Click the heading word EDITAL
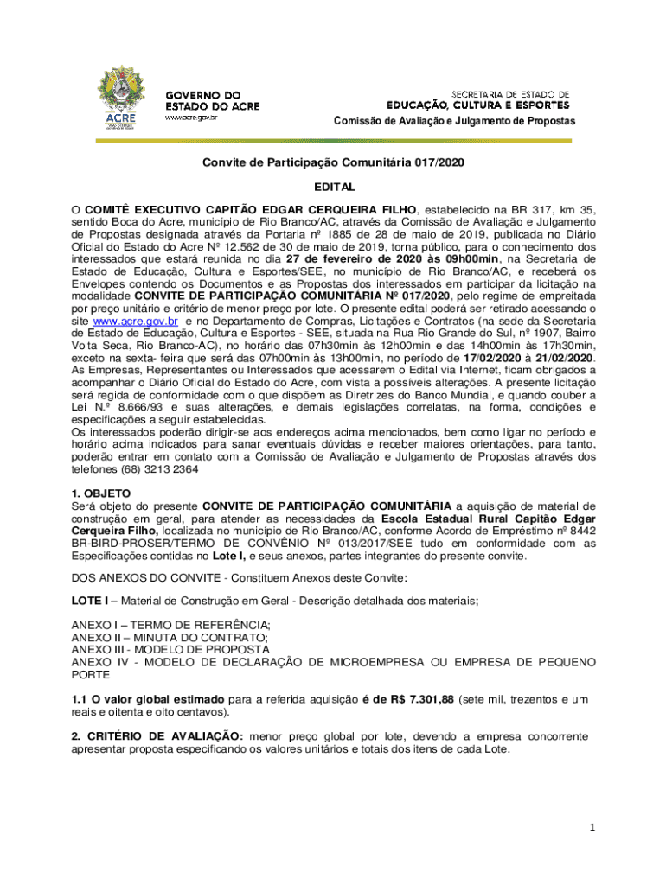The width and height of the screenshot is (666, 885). tap(332, 187)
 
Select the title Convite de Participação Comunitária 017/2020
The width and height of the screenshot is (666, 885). tap(332, 162)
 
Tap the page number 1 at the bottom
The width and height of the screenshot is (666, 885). tap(592, 827)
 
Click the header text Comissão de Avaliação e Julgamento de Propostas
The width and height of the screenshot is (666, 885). tap(454, 120)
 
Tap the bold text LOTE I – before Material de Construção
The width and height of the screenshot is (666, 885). tap(95, 601)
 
